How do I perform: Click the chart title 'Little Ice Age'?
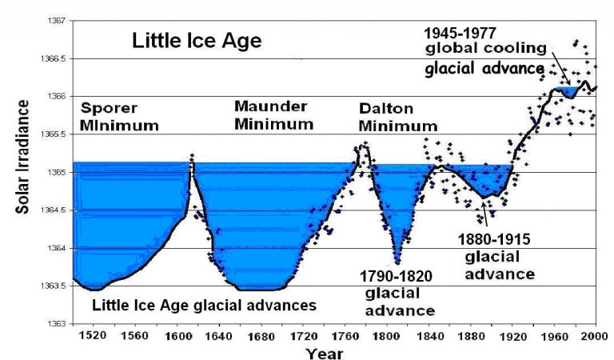pos(197,41)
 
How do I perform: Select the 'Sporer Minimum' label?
pos(120,117)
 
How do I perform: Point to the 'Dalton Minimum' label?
pos(397,117)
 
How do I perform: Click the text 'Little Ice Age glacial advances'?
pos(204,305)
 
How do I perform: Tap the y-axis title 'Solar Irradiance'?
pos(22,171)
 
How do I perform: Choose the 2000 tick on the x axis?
pos(592,335)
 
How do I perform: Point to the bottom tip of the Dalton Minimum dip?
pos(397,262)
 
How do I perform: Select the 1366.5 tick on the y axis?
pos(53,58)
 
